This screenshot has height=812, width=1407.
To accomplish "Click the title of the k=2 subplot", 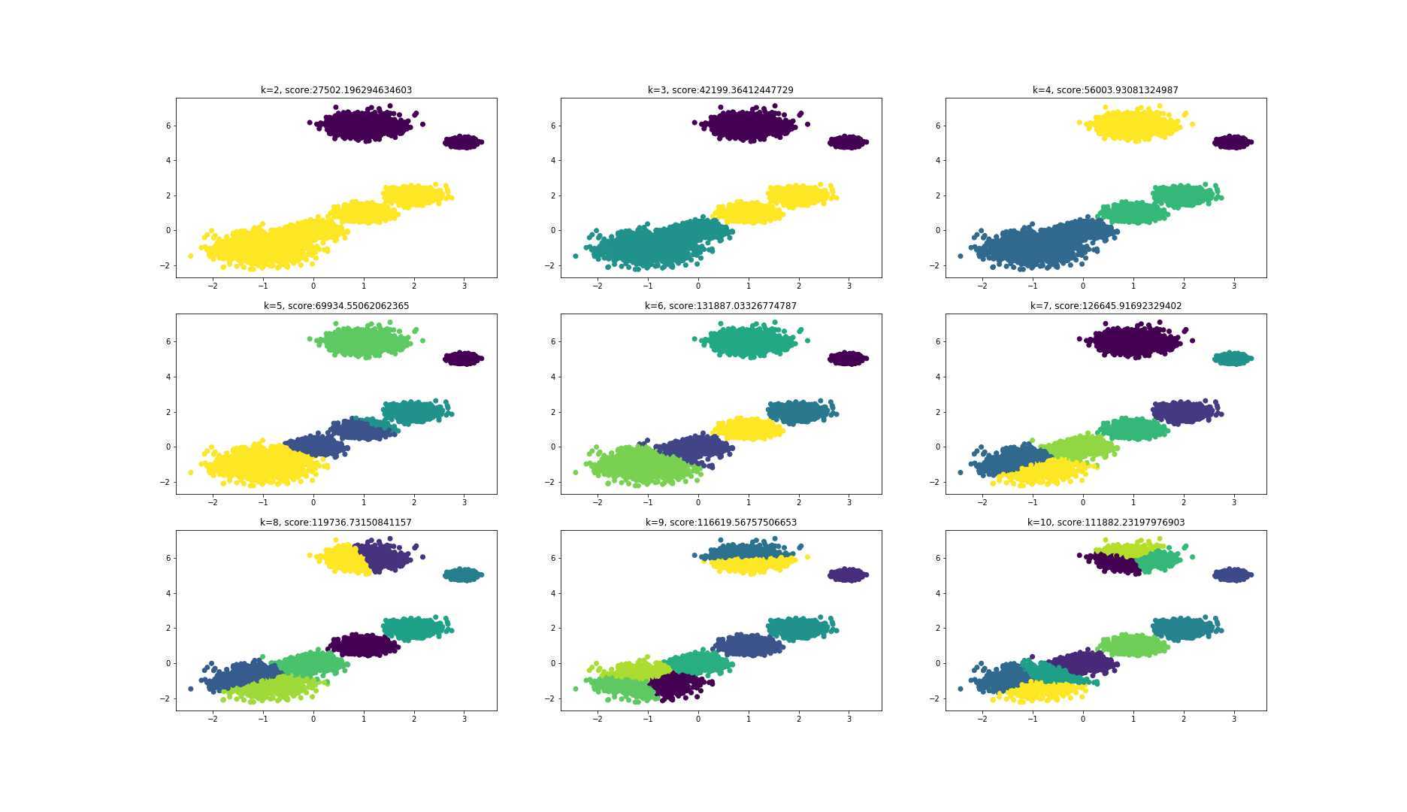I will [336, 90].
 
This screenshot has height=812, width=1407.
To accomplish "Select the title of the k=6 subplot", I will [720, 306].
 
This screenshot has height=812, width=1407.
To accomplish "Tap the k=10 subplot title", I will [1106, 522].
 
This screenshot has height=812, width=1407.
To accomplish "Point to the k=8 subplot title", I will [336, 522].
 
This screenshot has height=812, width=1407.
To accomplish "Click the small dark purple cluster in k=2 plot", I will [463, 141].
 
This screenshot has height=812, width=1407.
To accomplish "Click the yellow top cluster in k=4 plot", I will [1135, 124].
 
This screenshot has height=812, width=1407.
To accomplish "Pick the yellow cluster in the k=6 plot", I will [748, 429].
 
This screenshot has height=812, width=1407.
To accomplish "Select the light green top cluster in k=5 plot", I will [365, 341].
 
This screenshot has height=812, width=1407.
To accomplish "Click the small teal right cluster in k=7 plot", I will [1233, 358].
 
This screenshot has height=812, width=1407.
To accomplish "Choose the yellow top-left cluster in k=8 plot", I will [342, 559].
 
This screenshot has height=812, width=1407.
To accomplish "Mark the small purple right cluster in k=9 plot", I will [848, 574].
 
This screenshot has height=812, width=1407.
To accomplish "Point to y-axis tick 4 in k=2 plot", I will [169, 160].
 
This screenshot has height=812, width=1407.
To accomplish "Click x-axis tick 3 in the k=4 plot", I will [1233, 286].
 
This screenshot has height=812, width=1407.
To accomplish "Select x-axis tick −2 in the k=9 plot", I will [597, 719].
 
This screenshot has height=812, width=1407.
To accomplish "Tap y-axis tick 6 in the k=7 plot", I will [939, 341].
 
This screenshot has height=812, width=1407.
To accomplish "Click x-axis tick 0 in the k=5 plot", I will [313, 502].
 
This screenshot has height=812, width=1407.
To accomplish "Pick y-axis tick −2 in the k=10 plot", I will [936, 698].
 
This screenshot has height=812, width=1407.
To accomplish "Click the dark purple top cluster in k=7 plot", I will [1135, 341].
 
